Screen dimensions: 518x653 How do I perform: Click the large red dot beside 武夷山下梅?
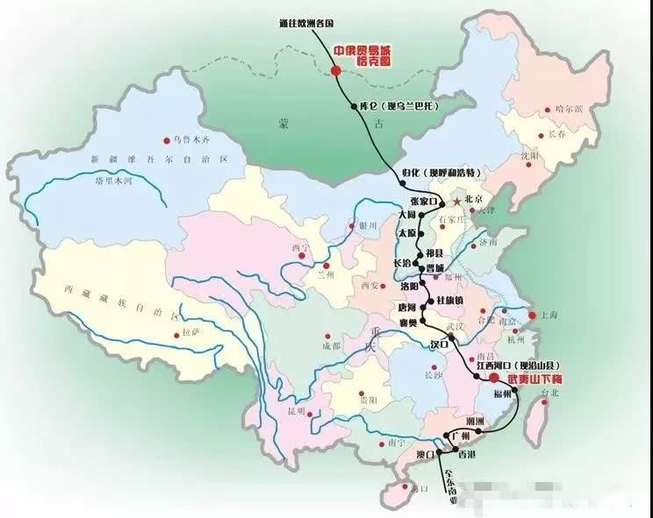point(493,378)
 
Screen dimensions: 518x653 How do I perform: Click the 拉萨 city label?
point(195,334)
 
